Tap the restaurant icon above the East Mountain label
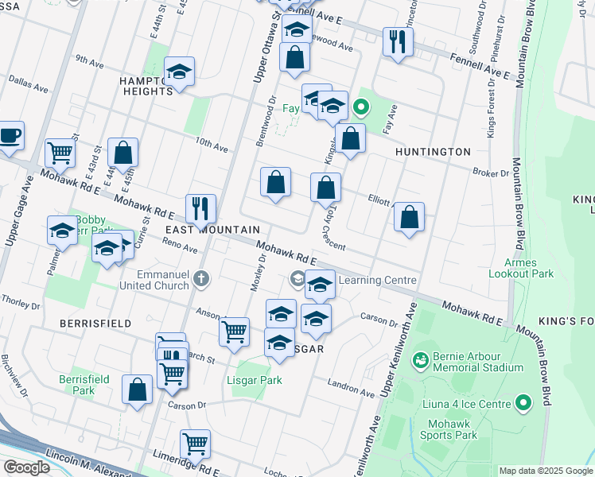pyautogui.click(x=200, y=208)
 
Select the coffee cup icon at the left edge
pyautogui.click(x=10, y=135)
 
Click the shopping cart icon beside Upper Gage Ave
pyautogui.click(x=60, y=151)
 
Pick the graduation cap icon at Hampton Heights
pyautogui.click(x=180, y=72)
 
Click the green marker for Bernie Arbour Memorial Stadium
pyautogui.click(x=419, y=360)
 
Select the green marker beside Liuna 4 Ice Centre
pyautogui.click(x=523, y=404)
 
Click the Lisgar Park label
pyautogui.click(x=259, y=381)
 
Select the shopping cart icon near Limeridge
pyautogui.click(x=195, y=444)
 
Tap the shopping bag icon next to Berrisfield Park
pyautogui.click(x=137, y=390)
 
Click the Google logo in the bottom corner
pyautogui.click(x=25, y=467)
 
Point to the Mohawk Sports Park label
pyautogui.click(x=449, y=429)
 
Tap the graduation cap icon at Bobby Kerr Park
pyautogui.click(x=62, y=231)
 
